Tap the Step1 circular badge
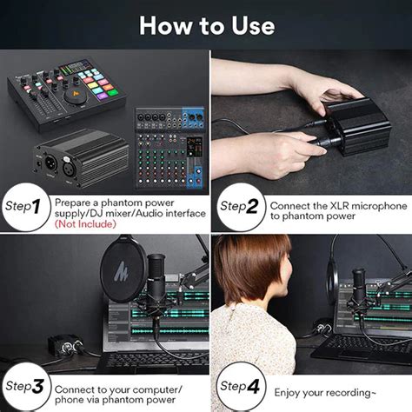(24, 206)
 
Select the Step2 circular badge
(239, 206)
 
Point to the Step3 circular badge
(24, 384)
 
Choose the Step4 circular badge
(239, 384)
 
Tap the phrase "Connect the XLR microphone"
(337, 205)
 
